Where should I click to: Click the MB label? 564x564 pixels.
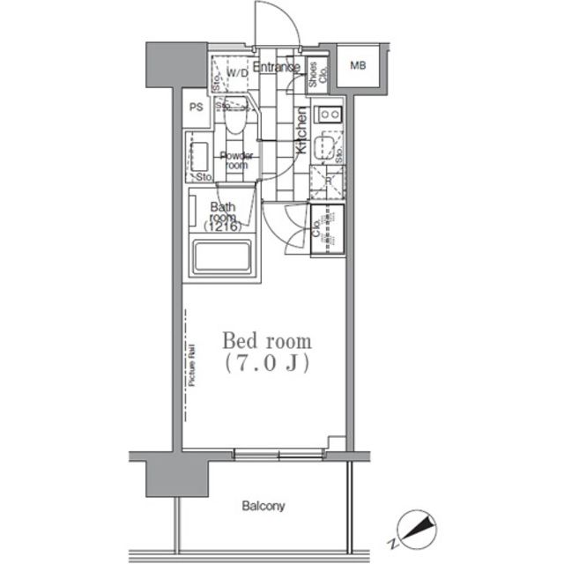(358, 66)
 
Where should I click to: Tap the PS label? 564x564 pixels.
(196, 108)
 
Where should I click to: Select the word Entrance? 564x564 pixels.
(277, 67)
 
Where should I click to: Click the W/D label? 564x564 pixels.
(237, 73)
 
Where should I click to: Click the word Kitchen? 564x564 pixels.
(301, 131)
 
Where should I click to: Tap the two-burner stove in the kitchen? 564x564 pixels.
(330, 113)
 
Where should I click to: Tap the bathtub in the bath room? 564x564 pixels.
(221, 258)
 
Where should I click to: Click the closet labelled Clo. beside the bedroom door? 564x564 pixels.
(328, 230)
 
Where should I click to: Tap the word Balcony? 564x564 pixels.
(263, 506)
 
